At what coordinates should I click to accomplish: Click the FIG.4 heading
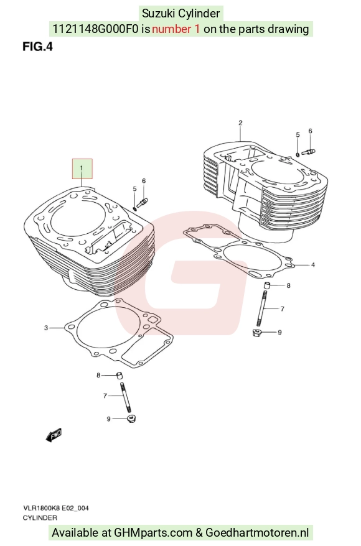[37, 46]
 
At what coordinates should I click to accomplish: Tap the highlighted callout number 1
[82, 168]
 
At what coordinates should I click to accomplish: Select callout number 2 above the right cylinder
[240, 123]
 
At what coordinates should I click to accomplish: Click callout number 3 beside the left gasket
[45, 328]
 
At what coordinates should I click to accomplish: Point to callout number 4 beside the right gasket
[313, 265]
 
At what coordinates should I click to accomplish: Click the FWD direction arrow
[54, 435]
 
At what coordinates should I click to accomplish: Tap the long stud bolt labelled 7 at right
[261, 309]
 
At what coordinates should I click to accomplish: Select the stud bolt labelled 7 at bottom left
[126, 397]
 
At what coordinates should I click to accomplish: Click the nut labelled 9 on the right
[257, 332]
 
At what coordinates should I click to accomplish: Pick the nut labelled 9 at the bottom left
[131, 418]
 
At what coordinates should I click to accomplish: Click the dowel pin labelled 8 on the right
[267, 285]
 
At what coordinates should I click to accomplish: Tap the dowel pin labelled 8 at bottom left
[120, 376]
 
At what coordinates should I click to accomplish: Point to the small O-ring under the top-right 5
[298, 154]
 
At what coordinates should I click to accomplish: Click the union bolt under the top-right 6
[309, 152]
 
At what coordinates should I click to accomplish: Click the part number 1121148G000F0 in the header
[95, 29]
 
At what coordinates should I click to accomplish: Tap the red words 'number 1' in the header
[176, 29]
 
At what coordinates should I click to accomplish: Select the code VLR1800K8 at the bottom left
[42, 508]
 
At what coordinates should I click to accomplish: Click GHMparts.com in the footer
[153, 533]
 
